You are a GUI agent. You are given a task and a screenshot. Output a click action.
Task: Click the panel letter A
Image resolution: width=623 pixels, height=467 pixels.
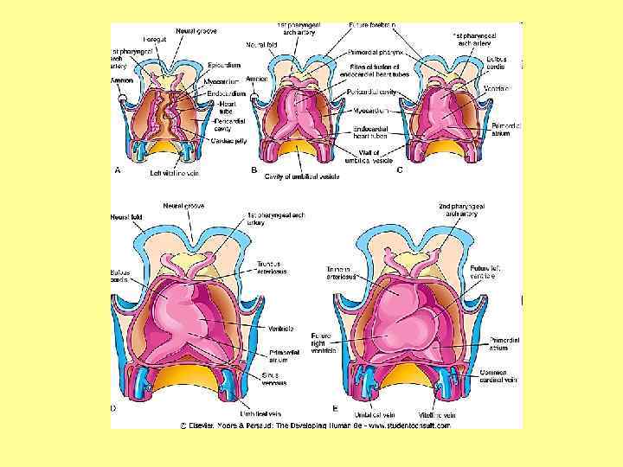click(117, 170)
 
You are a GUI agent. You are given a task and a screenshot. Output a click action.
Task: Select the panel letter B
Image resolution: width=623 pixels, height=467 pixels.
click(254, 170)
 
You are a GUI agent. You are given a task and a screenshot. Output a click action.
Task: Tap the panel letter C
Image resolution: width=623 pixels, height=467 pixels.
click(400, 170)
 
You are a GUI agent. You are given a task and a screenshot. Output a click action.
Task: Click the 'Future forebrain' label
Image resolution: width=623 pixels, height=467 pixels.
click(373, 26)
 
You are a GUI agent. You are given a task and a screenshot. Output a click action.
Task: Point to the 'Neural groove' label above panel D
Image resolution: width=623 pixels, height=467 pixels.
click(183, 206)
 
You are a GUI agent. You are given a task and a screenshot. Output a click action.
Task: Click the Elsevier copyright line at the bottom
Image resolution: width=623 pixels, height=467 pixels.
click(315, 425)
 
